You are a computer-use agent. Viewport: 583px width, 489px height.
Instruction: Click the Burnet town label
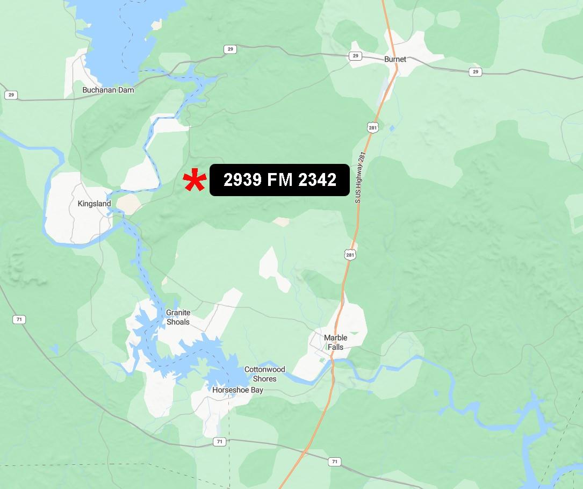click(395, 59)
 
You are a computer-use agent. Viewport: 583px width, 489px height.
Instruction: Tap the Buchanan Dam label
click(108, 90)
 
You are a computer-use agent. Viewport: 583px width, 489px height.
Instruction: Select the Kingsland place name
click(94, 204)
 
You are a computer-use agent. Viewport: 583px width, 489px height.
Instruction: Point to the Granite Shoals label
click(178, 317)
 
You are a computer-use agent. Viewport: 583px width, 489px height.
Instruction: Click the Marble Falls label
click(335, 342)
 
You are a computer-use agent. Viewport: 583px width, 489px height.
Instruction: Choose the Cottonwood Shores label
click(264, 374)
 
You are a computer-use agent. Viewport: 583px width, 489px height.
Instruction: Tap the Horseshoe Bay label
click(237, 390)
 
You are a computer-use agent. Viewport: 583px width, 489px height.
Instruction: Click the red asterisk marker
click(194, 181)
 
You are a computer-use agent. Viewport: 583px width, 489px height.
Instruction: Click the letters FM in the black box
click(279, 180)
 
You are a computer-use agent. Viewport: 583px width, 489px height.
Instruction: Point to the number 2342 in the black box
click(317, 180)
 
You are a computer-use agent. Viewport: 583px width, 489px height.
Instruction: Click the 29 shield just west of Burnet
click(355, 56)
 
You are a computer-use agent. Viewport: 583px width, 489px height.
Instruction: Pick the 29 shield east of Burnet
click(475, 71)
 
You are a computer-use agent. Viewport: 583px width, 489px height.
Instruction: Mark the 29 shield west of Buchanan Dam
click(10, 95)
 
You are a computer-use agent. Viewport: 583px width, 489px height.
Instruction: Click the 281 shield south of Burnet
click(373, 127)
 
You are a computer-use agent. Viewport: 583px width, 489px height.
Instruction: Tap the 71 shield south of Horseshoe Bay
click(219, 442)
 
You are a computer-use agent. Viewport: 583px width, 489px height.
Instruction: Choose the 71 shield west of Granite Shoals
click(19, 320)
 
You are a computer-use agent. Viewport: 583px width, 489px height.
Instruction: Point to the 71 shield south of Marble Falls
click(335, 462)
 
